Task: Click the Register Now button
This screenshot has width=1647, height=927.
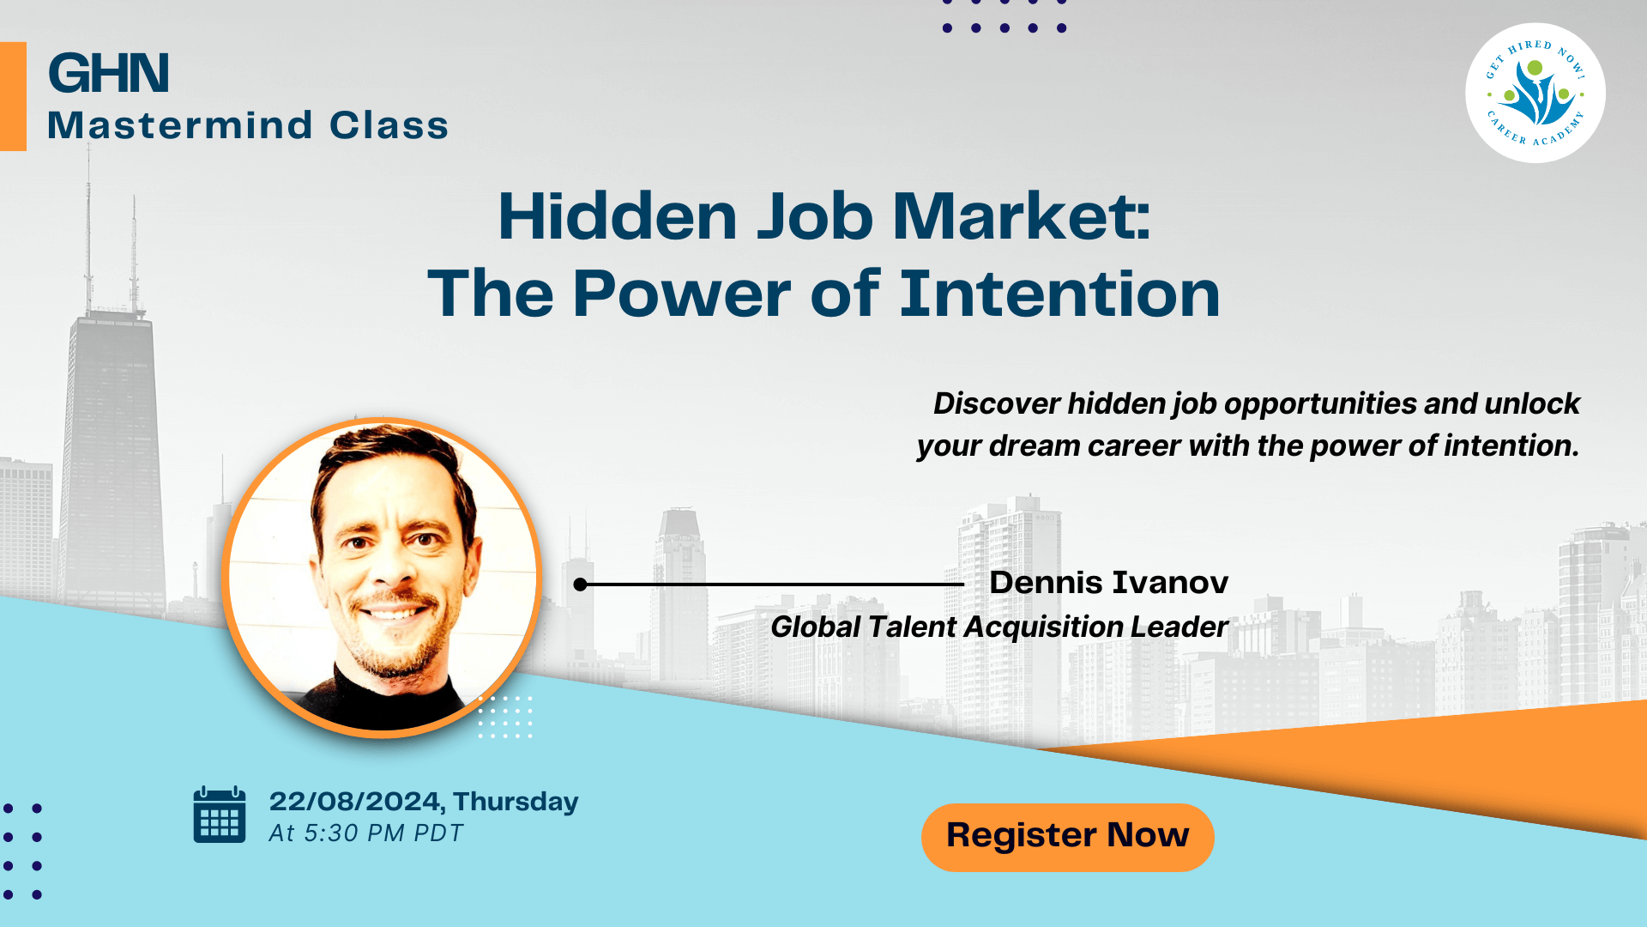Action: (1067, 837)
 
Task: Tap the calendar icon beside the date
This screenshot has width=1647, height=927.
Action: (220, 815)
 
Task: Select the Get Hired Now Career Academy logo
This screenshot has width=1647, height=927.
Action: (1535, 93)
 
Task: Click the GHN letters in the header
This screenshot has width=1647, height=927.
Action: (108, 73)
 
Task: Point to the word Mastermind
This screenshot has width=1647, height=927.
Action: (180, 125)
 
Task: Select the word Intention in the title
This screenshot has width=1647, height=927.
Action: (1059, 294)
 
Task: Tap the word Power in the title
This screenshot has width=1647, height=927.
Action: (682, 294)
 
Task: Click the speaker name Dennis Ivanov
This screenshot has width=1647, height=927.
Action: (1108, 583)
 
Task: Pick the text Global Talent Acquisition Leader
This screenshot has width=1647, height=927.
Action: (999, 627)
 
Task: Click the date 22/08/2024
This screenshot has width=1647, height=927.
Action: (355, 801)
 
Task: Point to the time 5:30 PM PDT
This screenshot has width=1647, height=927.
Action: (383, 833)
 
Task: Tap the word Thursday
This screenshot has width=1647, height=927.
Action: (516, 802)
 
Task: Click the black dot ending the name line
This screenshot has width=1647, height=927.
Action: (581, 585)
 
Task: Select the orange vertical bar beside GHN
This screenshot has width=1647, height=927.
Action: (13, 96)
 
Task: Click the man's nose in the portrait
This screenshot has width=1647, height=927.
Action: (393, 562)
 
